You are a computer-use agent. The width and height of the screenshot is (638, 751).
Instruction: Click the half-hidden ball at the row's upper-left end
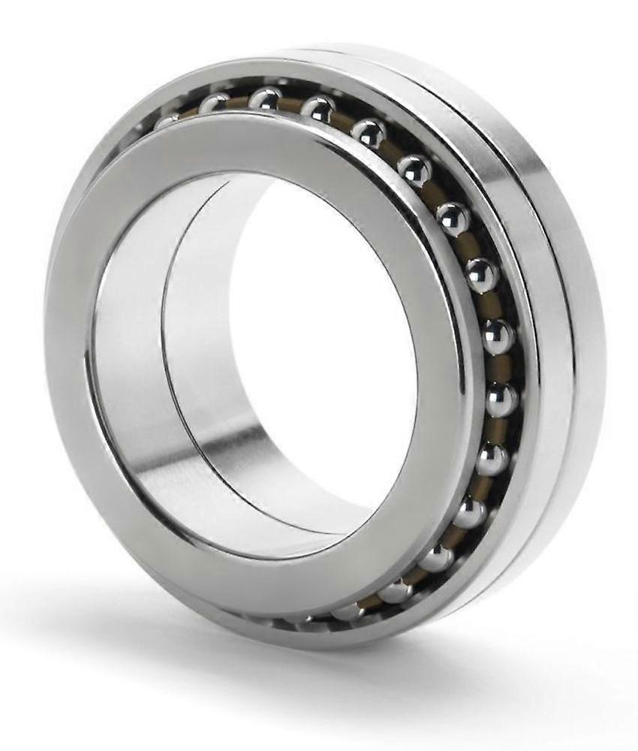(x=166, y=120)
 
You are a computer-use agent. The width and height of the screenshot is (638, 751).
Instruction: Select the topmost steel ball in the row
(x=265, y=98)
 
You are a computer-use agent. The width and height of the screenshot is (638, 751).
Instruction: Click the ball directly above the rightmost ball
(x=497, y=337)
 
